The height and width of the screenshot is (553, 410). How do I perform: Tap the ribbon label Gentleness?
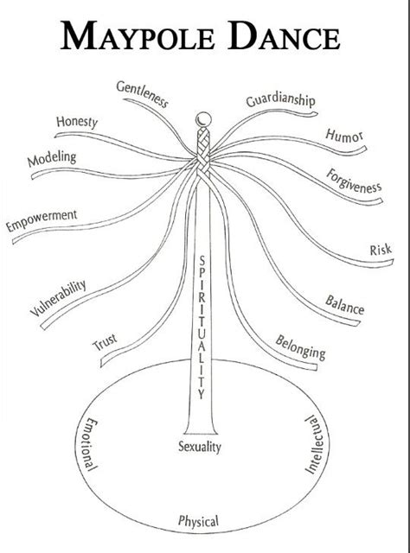click(x=142, y=94)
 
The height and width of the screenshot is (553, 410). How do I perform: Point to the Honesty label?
click(x=77, y=123)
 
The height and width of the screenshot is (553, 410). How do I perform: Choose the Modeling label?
click(x=52, y=160)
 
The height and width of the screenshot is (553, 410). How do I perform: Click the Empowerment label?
click(x=42, y=220)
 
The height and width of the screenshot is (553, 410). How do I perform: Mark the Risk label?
click(x=381, y=251)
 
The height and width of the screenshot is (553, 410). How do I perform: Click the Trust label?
click(x=105, y=343)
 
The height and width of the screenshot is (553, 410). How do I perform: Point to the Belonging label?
click(x=300, y=346)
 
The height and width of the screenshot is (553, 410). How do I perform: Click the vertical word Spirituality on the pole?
click(x=200, y=328)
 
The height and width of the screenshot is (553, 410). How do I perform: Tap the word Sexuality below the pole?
click(x=200, y=447)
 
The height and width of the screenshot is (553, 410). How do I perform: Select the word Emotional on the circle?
click(x=88, y=444)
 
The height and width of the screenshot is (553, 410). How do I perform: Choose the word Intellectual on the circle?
click(x=311, y=444)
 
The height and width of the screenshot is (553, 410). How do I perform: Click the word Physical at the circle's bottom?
click(x=198, y=521)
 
